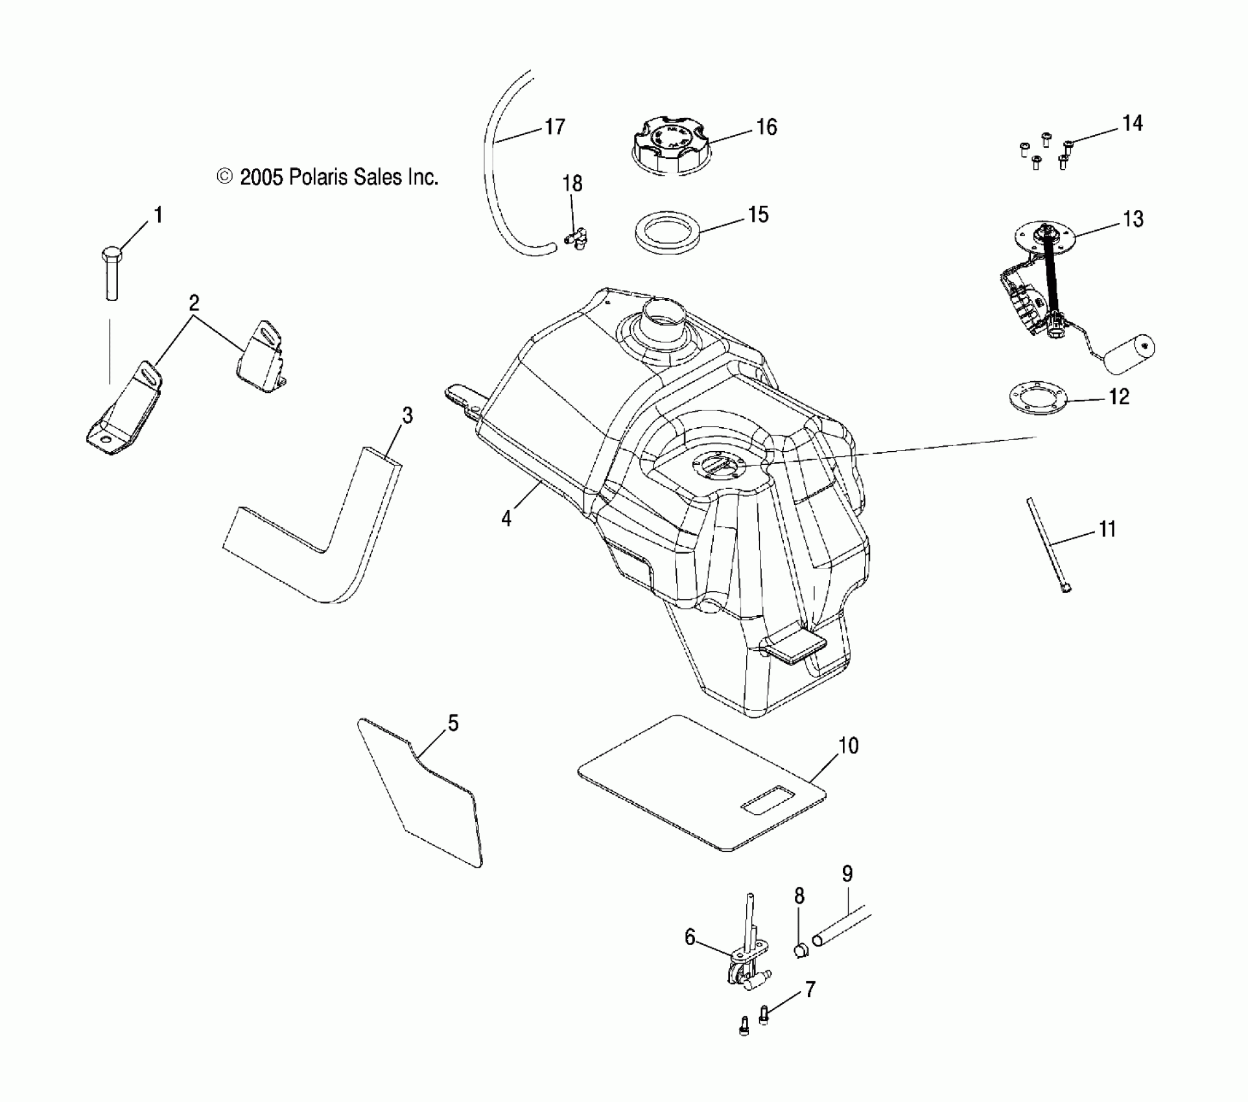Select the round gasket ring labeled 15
[x=668, y=232]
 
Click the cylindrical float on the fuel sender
[x=1129, y=354]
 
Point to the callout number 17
[x=555, y=127]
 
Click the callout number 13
[x=1133, y=219]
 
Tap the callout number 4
[x=506, y=519]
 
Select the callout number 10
[x=848, y=745]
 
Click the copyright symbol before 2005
[x=225, y=177]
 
